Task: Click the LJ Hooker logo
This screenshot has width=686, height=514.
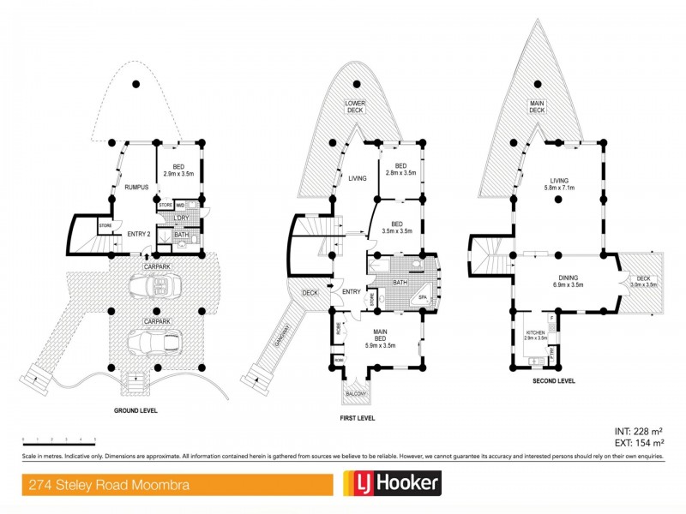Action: [x=392, y=484]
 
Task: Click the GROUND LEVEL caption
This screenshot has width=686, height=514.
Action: [x=135, y=410]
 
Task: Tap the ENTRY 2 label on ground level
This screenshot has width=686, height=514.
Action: [x=139, y=234]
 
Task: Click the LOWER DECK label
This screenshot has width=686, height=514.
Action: [x=355, y=105]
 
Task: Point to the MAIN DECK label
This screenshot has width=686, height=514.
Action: [x=538, y=107]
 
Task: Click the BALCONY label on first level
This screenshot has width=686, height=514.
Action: [x=355, y=394]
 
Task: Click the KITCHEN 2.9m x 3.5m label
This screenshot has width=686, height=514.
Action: [x=537, y=335]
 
